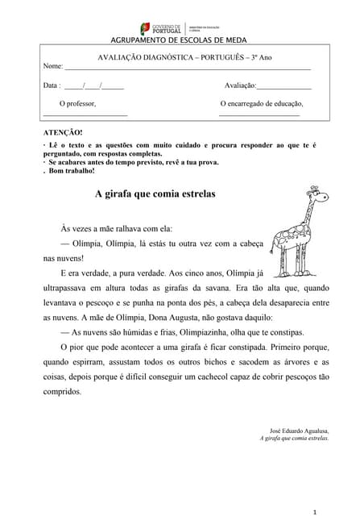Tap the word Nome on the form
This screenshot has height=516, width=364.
click(x=52, y=66)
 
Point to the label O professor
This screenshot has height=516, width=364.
click(x=77, y=104)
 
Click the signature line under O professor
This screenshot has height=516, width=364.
click(x=85, y=116)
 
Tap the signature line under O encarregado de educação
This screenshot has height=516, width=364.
click(x=259, y=116)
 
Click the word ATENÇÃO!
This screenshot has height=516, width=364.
click(x=62, y=131)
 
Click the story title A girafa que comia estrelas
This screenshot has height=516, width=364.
click(x=155, y=194)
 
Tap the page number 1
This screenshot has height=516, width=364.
click(x=316, y=490)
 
